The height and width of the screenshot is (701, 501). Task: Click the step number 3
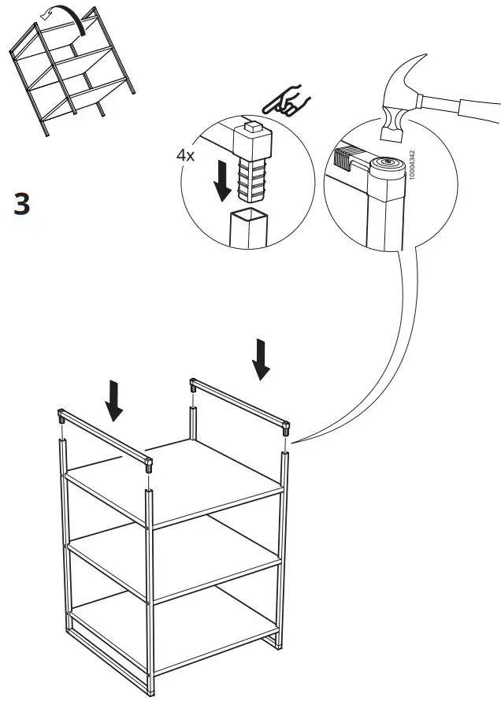[x=22, y=203]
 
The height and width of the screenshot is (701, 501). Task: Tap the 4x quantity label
[x=186, y=155]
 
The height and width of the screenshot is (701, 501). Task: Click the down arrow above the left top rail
[x=115, y=399]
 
